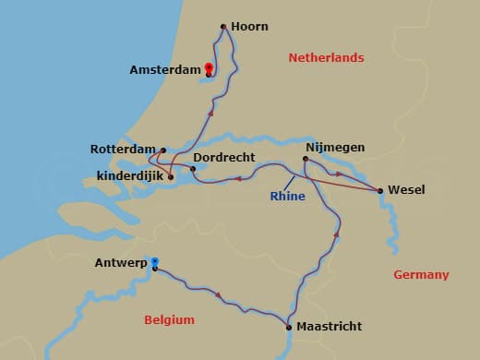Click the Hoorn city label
(251, 27)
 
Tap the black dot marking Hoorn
(223, 27)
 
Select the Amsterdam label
(165, 69)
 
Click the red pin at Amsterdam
(210, 68)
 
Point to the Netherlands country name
(326, 57)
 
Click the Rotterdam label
(123, 149)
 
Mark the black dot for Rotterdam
(163, 150)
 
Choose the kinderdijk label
(124, 175)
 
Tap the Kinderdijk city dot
(171, 176)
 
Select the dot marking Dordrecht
(193, 169)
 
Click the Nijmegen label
(335, 147)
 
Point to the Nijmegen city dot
(306, 159)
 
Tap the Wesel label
(406, 190)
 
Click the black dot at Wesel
(380, 191)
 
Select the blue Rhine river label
(287, 196)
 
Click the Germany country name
(421, 274)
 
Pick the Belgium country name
(170, 319)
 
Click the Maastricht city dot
(289, 327)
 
